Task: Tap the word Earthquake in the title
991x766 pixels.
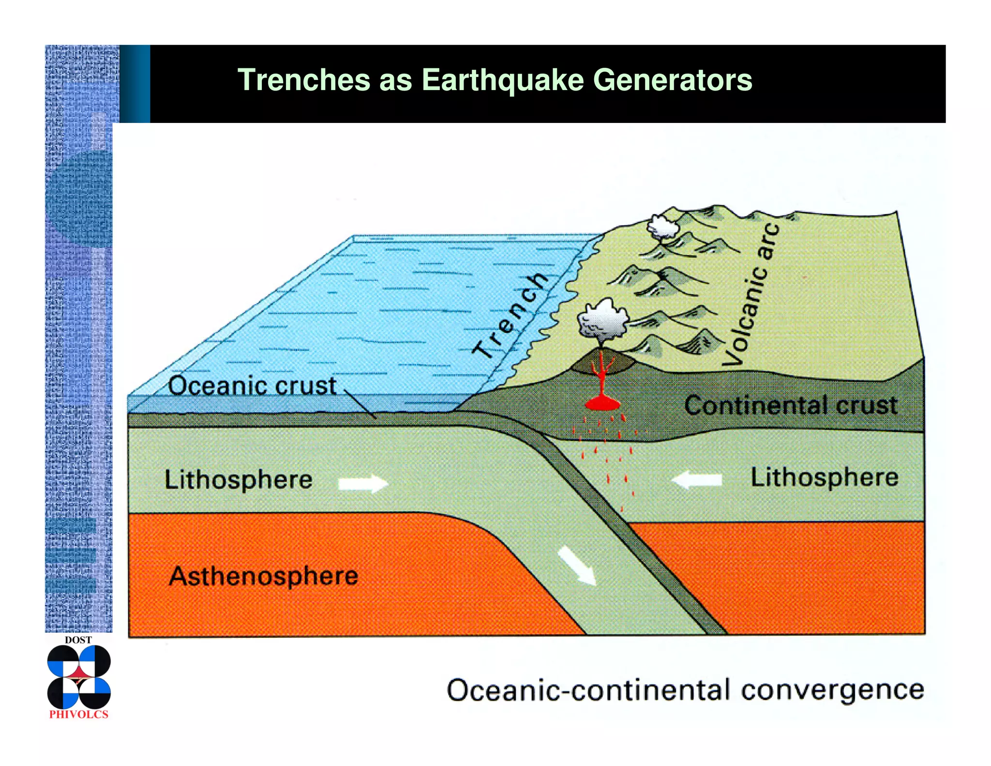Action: point(503,80)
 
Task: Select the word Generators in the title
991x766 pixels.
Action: point(673,80)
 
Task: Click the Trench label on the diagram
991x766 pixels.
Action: point(511,316)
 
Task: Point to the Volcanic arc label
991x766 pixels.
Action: point(751,295)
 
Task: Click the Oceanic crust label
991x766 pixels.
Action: point(252,386)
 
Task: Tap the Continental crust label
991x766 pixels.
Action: point(791,405)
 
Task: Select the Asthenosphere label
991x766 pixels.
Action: point(264,576)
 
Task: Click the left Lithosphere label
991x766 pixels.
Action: point(239,479)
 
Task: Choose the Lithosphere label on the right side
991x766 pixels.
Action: point(825,477)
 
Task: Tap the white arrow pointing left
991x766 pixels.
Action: point(697,480)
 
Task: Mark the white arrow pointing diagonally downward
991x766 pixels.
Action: point(577,565)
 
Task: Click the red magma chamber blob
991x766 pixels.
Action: point(602,403)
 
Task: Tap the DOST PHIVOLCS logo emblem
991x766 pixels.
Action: point(79,676)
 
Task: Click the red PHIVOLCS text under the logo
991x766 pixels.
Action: point(79,714)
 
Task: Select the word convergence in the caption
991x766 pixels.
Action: point(832,690)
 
